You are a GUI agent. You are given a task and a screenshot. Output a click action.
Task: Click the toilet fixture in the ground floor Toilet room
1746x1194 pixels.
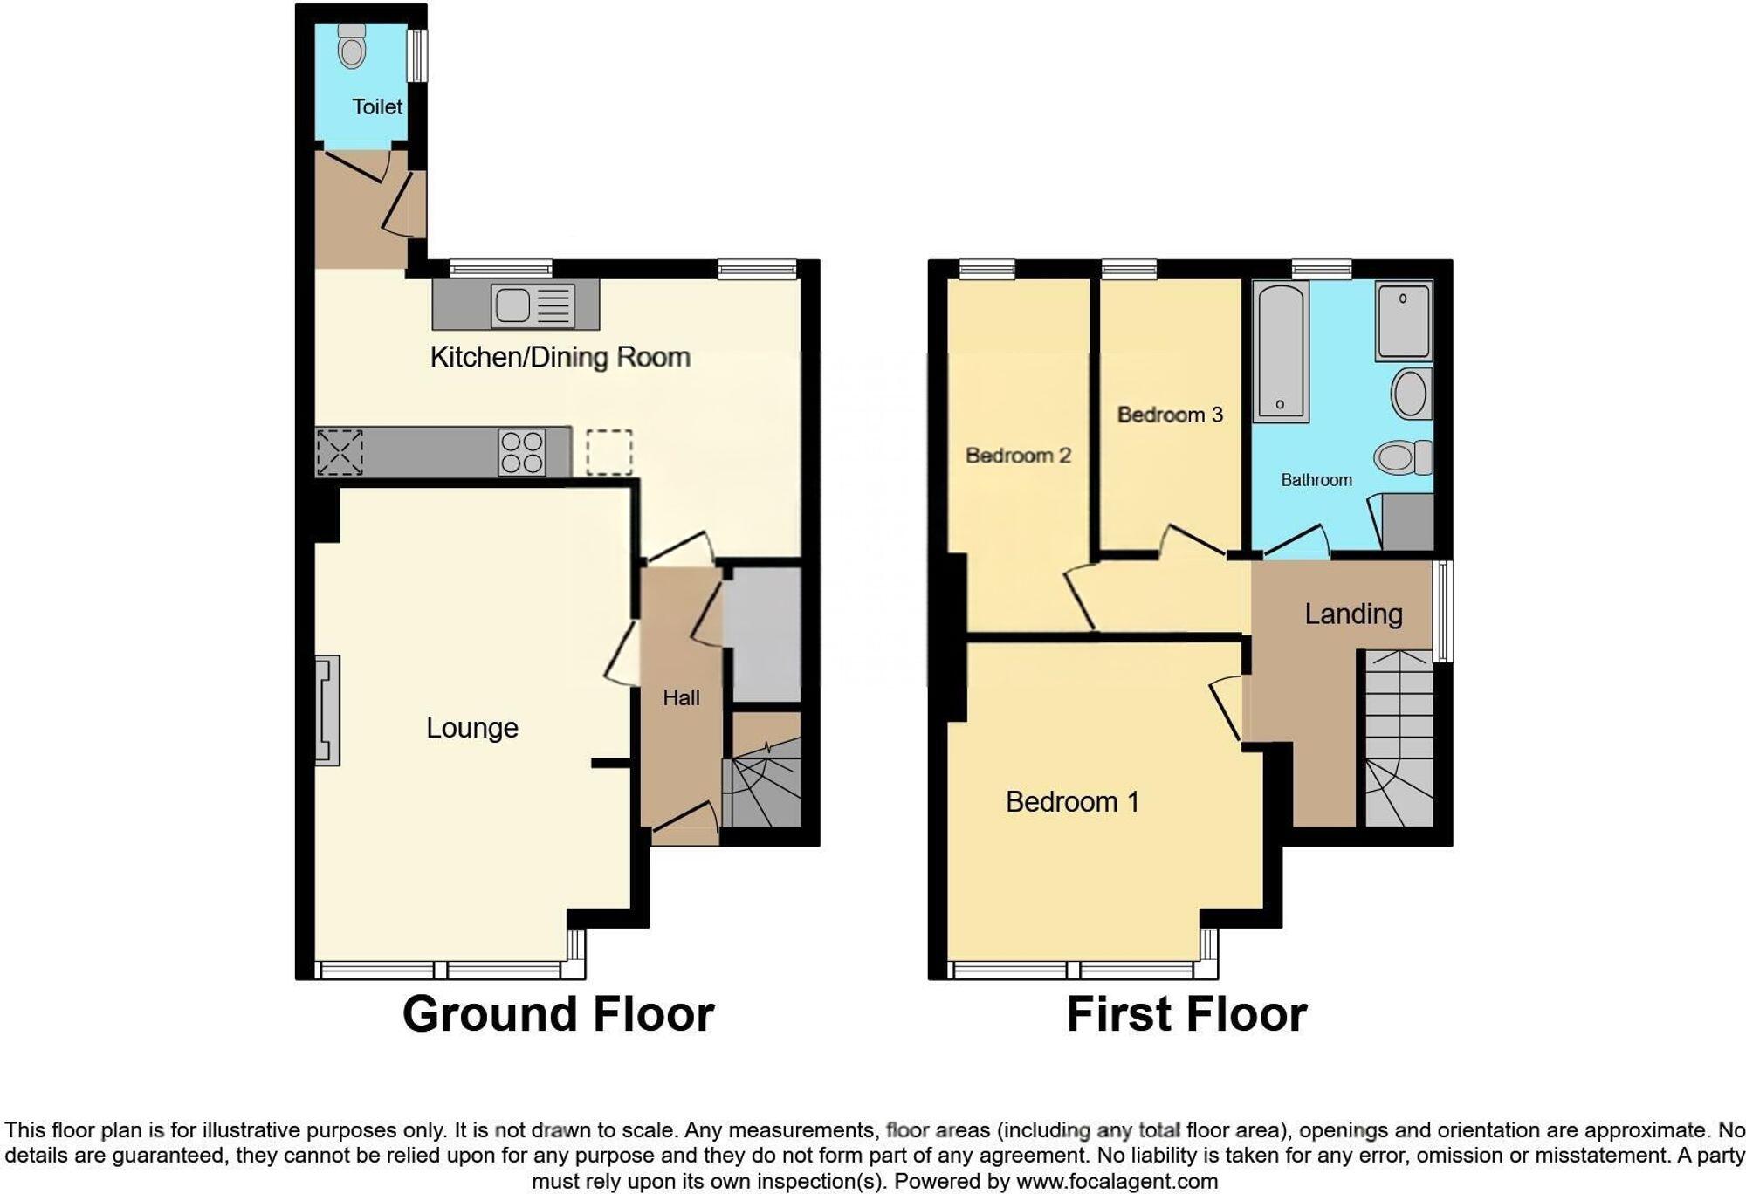[352, 47]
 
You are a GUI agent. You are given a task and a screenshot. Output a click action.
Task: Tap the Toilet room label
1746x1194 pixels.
[377, 106]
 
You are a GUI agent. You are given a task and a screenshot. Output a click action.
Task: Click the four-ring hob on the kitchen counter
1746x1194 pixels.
[521, 452]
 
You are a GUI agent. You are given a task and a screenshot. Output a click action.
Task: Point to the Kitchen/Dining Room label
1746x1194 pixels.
[560, 357]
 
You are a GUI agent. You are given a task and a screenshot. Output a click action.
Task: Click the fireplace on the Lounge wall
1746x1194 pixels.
[327, 710]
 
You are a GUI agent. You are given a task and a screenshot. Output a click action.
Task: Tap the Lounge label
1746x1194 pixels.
[471, 728]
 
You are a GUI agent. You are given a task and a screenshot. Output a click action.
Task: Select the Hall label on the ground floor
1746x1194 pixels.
[681, 697]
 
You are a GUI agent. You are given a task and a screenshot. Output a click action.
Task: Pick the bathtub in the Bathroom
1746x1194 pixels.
[1281, 352]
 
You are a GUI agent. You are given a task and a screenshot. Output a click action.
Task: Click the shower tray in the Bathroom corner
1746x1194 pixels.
[1404, 320]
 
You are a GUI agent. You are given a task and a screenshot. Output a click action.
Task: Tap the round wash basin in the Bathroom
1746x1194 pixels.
[1411, 394]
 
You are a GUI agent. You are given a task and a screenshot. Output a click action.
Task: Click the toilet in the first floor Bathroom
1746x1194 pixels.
[1403, 457]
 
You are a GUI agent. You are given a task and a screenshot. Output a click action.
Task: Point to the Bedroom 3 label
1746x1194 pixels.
[1170, 415]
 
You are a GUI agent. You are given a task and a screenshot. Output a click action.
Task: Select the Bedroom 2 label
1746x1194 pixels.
[1018, 456]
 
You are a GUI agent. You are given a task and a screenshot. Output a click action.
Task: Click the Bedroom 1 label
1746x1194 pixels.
[1072, 801]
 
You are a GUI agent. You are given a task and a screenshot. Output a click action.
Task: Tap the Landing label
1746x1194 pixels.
[1353, 614]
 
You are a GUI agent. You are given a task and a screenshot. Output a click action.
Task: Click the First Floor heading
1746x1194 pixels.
[1186, 1014]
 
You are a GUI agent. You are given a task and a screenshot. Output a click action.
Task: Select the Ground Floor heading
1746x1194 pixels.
[558, 1014]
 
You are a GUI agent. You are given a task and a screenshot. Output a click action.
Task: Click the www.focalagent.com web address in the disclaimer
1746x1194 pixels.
[1117, 1182]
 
